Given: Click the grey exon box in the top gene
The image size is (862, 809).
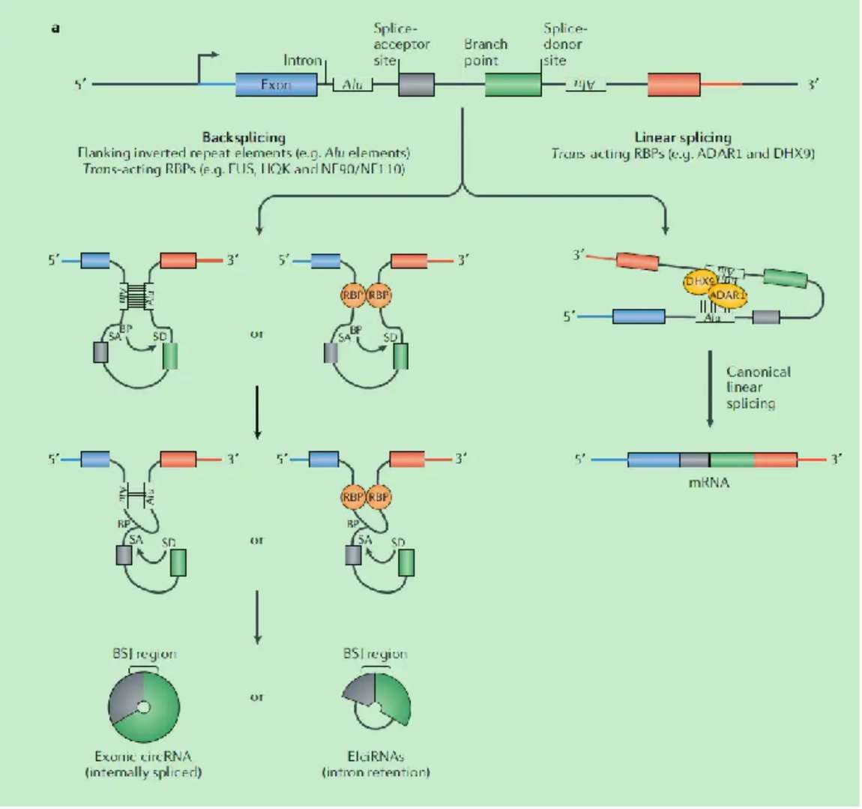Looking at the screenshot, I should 416,85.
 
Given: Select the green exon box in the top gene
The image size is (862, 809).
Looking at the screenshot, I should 513,85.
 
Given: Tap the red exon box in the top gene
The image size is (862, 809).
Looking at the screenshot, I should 674,85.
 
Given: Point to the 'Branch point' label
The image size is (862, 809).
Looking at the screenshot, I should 485,52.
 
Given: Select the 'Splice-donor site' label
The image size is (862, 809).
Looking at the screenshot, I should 565,44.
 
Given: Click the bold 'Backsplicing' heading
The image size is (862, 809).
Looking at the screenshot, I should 244,137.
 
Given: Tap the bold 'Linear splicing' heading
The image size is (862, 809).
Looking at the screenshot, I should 682,137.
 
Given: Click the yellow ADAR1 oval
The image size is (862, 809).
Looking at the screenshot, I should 726,295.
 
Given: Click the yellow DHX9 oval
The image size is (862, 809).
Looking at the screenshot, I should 699,280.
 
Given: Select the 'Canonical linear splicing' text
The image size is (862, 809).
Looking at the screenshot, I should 757,388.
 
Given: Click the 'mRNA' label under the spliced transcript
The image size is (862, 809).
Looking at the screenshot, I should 708,482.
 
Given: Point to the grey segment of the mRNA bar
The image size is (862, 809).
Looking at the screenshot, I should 694,460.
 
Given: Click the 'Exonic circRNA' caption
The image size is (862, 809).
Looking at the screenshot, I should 142,756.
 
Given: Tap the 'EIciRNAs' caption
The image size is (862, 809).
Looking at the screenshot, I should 376,756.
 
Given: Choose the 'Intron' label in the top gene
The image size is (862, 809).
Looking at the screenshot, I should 302,60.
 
